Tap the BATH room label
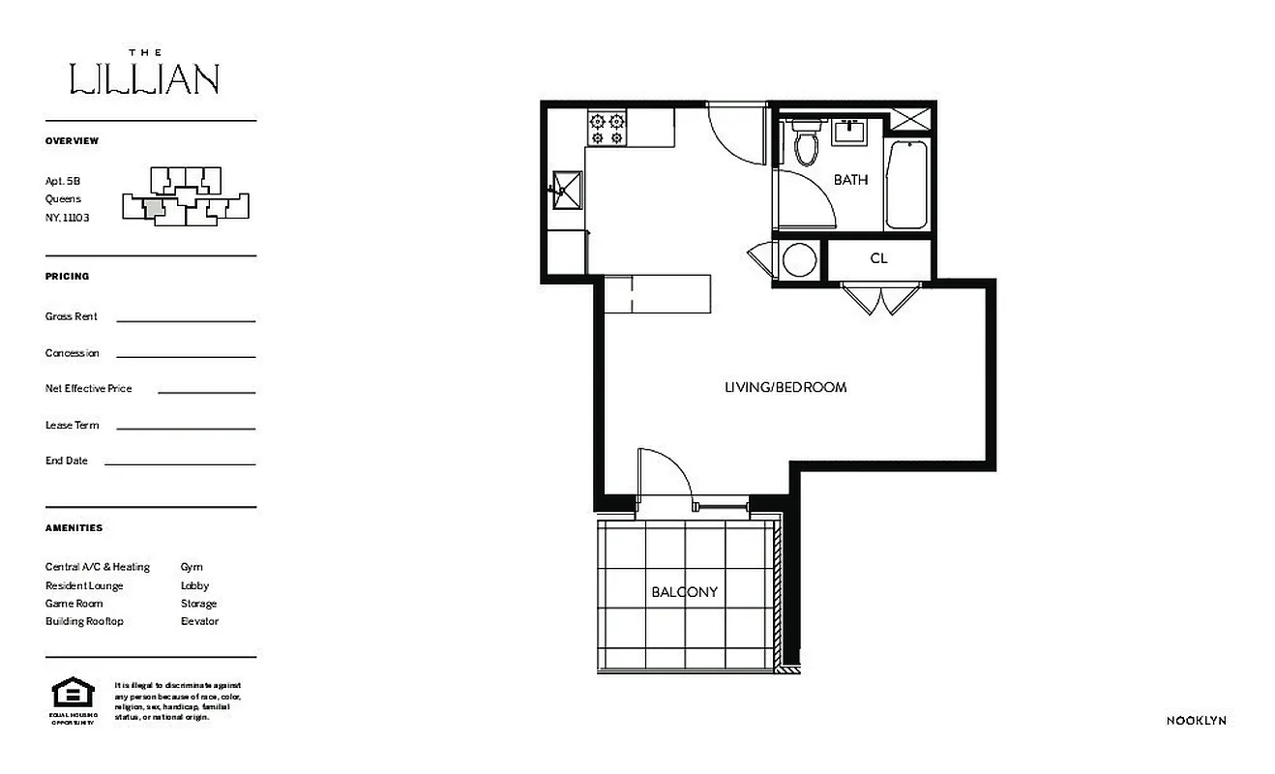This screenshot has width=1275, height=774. click(x=850, y=180)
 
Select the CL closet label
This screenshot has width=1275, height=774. click(x=878, y=258)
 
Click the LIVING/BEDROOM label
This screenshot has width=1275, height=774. click(x=786, y=387)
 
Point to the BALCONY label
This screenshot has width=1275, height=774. click(x=684, y=591)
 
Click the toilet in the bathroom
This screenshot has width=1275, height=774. click(x=805, y=142)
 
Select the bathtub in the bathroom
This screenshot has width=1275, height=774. click(x=905, y=184)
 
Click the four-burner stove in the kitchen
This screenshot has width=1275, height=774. click(x=607, y=129)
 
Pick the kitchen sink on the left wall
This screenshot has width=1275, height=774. click(x=566, y=189)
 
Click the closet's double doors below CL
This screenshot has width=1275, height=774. click(x=879, y=299)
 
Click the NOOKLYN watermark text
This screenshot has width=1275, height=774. click(x=1196, y=721)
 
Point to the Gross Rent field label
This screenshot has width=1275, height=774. click(x=71, y=316)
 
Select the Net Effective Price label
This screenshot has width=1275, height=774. click(x=88, y=388)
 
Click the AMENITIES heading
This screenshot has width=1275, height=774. click(x=74, y=528)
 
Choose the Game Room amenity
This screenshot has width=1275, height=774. click(x=74, y=603)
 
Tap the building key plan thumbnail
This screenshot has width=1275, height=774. click(x=184, y=196)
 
